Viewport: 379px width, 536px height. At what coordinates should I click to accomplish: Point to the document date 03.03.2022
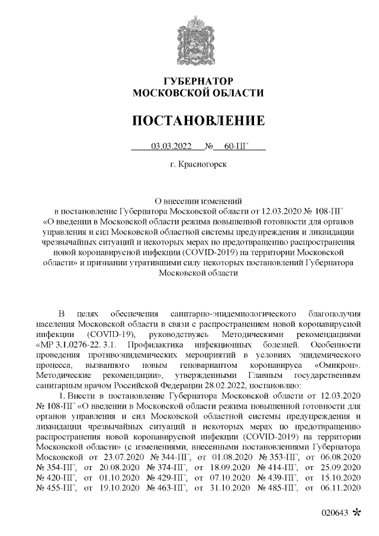(x=172, y=146)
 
